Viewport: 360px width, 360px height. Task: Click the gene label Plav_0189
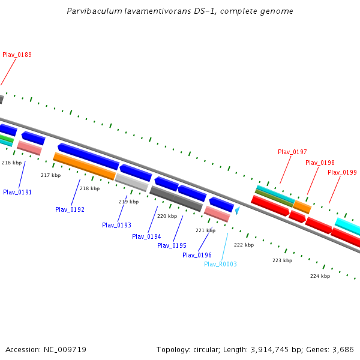17,55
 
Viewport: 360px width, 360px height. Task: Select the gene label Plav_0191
17,193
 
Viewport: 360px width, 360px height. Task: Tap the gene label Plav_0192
70,210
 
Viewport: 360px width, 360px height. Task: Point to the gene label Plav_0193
116,226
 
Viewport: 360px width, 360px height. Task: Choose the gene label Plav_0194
146,237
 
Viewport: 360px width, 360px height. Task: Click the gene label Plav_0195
172,246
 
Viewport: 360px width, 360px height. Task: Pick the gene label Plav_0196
197,256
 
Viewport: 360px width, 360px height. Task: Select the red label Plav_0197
292,152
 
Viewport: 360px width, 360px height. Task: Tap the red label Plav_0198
320,163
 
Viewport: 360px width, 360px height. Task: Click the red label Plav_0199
342,173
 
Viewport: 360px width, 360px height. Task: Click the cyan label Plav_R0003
220,265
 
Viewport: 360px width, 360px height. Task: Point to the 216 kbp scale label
11,163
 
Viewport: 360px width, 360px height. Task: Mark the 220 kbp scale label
167,216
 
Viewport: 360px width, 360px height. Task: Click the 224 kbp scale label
320,277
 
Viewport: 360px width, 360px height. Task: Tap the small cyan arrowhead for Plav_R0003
238,211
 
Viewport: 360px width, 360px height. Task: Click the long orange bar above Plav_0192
84,166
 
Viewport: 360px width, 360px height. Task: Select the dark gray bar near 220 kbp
176,199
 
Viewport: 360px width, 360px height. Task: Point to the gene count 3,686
343,349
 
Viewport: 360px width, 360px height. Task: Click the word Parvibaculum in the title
91,11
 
